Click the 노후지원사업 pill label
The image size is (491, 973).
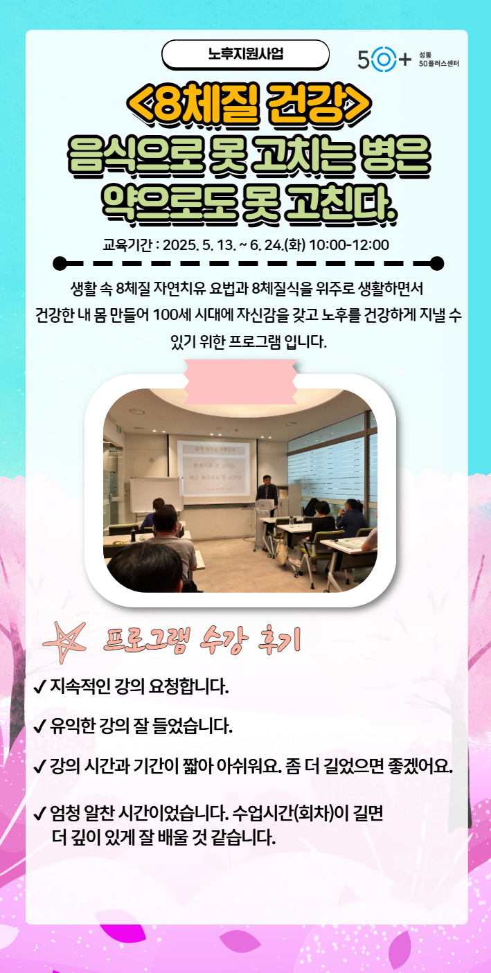click(245, 54)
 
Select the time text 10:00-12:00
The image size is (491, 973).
click(349, 245)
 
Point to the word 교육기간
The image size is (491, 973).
click(127, 245)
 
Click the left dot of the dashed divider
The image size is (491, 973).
click(60, 263)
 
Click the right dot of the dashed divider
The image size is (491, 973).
click(437, 263)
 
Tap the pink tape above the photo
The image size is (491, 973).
click(240, 382)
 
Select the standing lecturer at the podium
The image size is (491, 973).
click(267, 492)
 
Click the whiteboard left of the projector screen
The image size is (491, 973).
click(156, 496)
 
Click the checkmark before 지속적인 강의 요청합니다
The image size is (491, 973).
click(40, 687)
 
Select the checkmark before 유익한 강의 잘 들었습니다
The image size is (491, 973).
click(40, 726)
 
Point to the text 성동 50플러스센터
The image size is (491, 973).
click(439, 60)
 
